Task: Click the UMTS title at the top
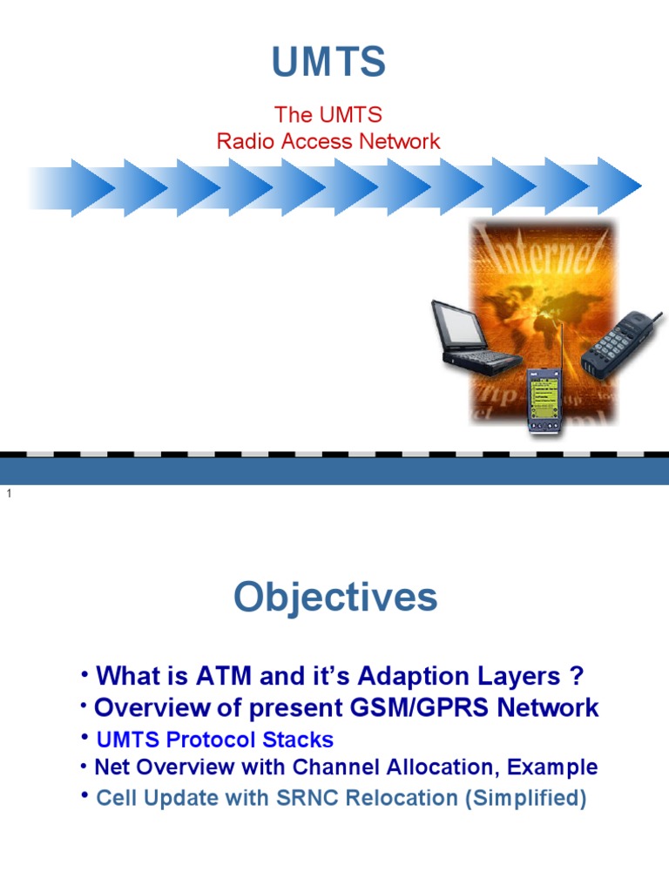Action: click(x=328, y=62)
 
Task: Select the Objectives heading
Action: click(x=335, y=598)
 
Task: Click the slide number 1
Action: click(x=9, y=494)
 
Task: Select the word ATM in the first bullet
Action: click(x=224, y=676)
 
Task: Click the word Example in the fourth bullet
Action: click(x=552, y=767)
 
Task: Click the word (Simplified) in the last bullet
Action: click(x=525, y=798)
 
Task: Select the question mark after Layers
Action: click(x=577, y=676)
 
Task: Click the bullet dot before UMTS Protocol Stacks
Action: click(x=84, y=738)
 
